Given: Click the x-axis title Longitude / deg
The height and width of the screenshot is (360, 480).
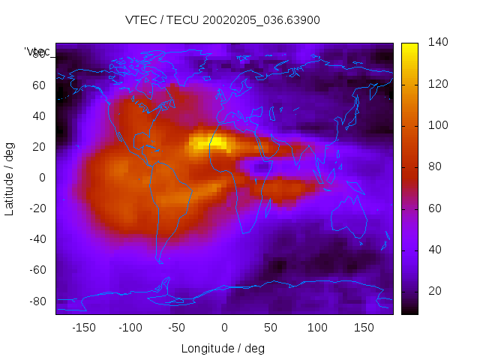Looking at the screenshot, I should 223,349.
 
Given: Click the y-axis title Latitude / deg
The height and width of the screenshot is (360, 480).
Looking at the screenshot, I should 10,177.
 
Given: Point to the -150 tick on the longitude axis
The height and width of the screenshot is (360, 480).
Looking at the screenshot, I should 83,328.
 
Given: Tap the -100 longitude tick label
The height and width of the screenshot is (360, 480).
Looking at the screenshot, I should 130,328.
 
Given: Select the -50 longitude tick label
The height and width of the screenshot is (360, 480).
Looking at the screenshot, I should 177,328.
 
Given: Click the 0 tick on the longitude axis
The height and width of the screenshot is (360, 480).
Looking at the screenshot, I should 224,328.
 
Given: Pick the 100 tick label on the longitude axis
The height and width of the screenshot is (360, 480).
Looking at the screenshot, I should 317,328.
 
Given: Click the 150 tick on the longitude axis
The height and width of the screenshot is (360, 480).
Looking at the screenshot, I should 364,328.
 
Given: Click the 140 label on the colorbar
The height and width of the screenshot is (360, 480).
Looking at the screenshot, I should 438,43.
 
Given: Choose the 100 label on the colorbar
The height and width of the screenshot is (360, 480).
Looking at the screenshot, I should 438,125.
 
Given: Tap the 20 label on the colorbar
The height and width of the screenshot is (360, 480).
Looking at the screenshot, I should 435,290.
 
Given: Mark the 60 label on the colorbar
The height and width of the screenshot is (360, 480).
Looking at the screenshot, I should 435,208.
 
